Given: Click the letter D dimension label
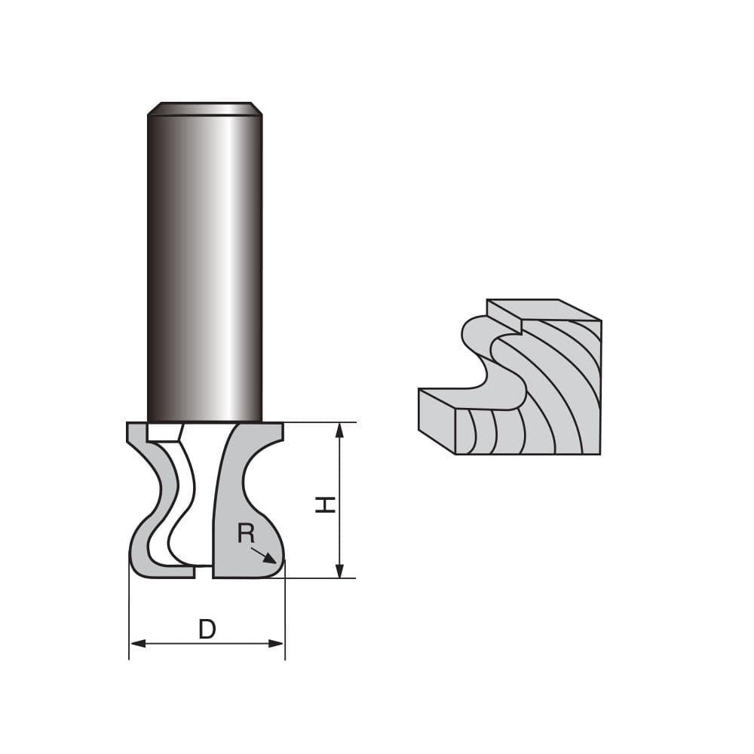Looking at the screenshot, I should pos(207,629).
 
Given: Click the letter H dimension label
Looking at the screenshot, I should pos(325,504).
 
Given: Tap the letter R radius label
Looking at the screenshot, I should pos(245,534).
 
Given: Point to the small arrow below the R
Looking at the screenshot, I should pos(265,556).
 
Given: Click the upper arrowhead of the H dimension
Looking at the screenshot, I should pos(339,430).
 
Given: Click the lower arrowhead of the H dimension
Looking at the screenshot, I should pos(339,571).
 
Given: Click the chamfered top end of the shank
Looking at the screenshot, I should pos(204,109).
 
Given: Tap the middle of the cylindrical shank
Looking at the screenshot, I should pos(204,264).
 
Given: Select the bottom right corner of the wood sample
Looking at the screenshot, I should pos(599,454).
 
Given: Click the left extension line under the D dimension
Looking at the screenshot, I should pos(129,611).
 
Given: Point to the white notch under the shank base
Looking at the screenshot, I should pos(162,432).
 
